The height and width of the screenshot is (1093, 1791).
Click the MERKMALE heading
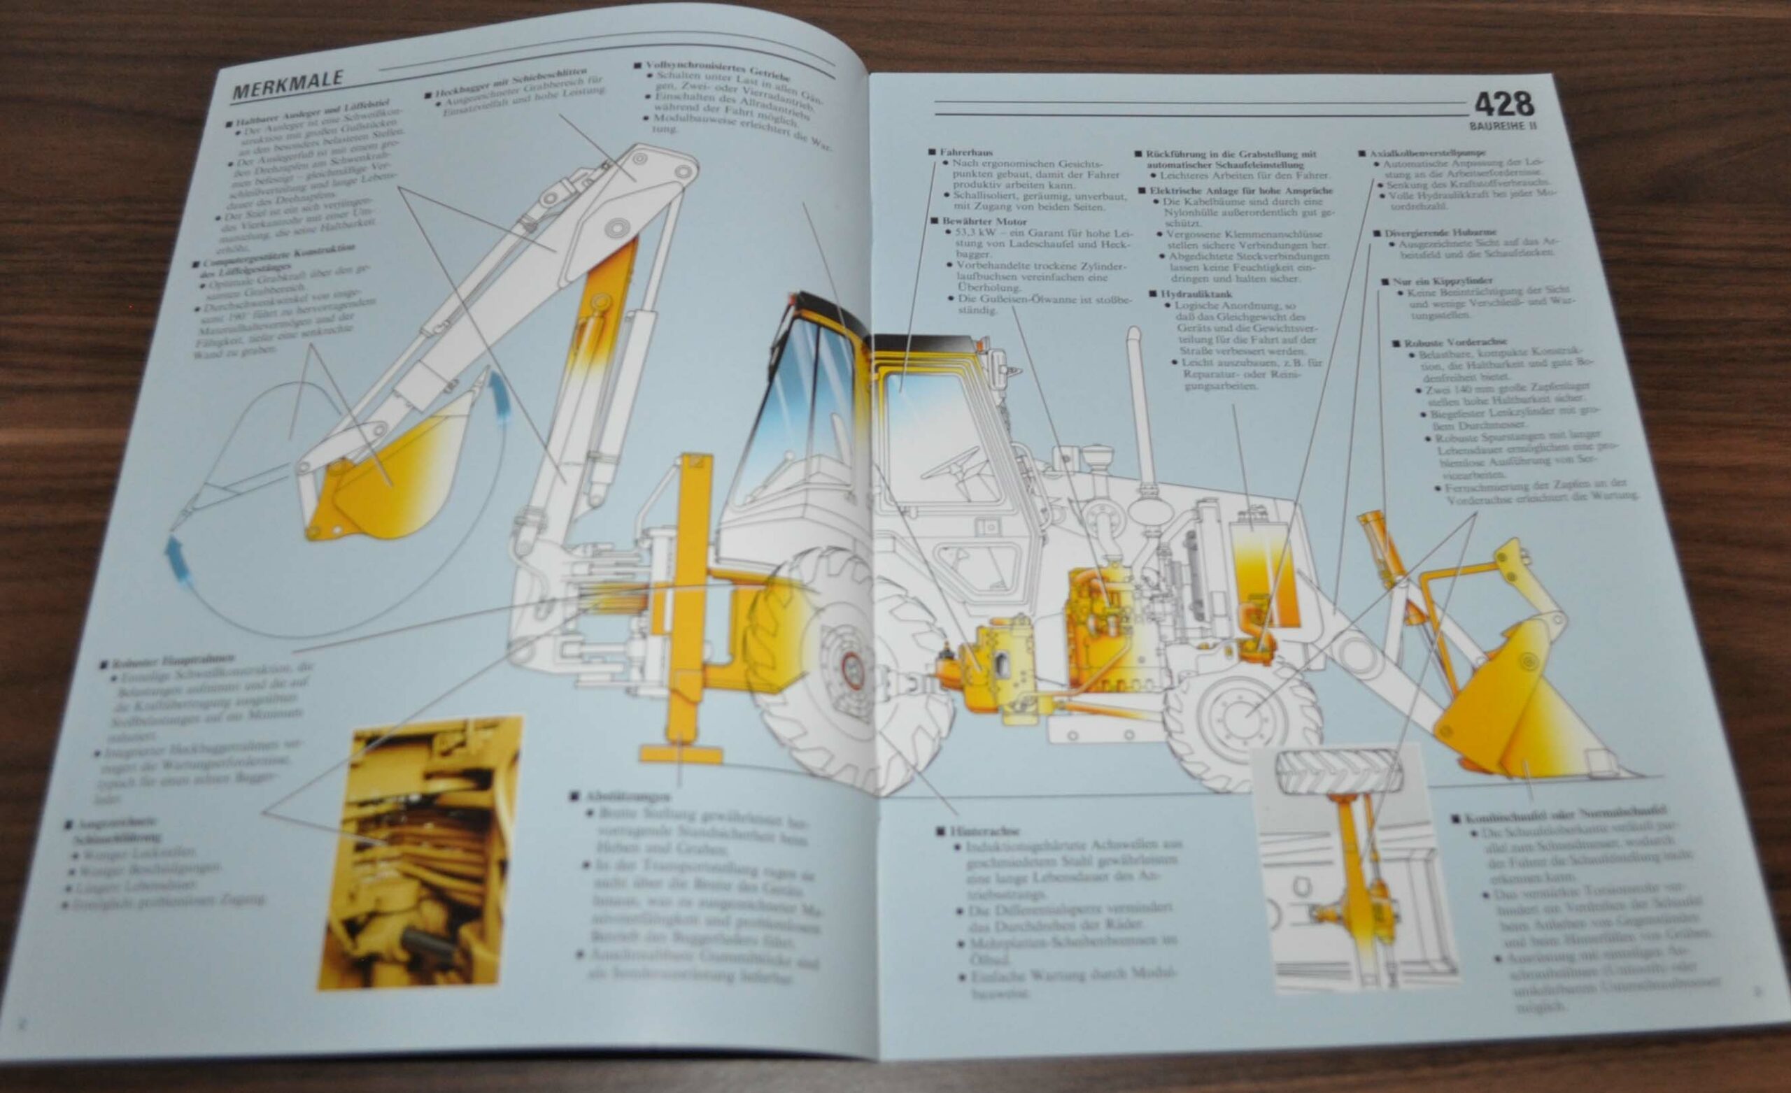(288, 86)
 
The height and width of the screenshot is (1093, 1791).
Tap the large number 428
(1504, 106)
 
